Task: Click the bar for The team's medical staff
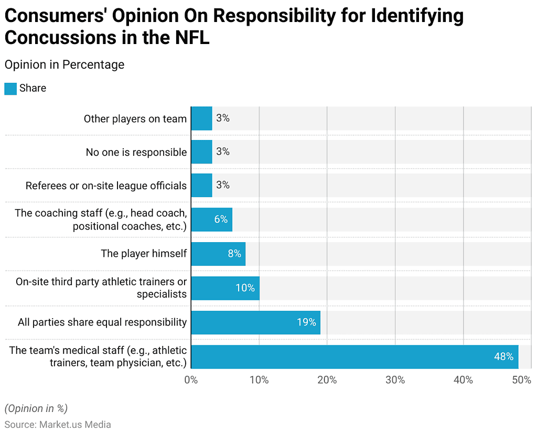tap(355, 356)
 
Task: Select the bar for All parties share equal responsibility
tap(255, 322)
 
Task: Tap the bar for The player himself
tap(218, 254)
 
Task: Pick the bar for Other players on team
tap(201, 118)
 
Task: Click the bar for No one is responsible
tap(201, 152)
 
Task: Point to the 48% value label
tap(503, 356)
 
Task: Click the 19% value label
tap(306, 322)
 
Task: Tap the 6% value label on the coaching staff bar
tap(221, 220)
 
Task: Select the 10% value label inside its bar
tap(245, 288)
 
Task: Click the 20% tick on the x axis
tap(327, 380)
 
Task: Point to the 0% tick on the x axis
tap(191, 380)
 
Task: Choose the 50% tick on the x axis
tap(522, 380)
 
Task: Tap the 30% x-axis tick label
tap(395, 380)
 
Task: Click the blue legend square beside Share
tap(10, 89)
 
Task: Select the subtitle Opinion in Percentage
tap(65, 64)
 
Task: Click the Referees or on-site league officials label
tap(106, 186)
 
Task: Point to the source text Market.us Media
tap(75, 425)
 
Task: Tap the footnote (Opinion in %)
tap(36, 408)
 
